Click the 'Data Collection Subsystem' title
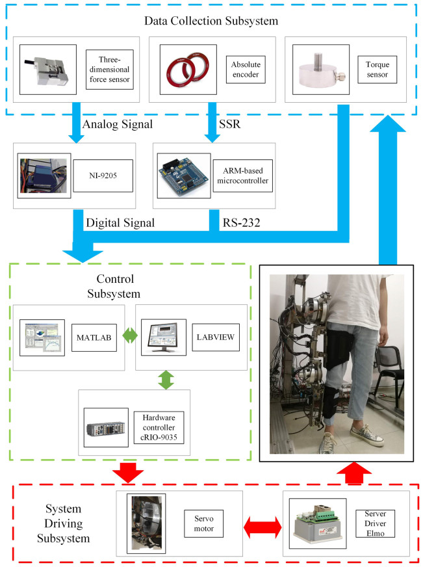211,21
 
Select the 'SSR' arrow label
229,124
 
